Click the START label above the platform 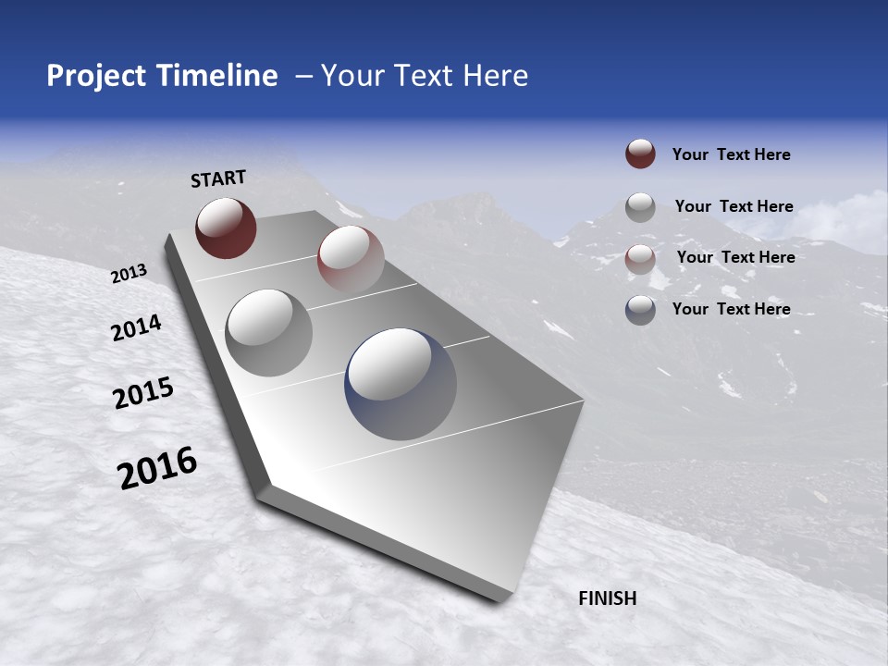218,179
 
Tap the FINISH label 607,598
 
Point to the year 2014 136,327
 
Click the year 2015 143,393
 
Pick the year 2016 157,467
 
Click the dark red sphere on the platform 226,228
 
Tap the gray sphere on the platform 269,332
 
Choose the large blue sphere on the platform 401,383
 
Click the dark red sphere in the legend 640,154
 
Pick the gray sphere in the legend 640,206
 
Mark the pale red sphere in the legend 640,258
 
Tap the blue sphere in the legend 640,309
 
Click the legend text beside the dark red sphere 731,154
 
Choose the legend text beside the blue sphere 731,309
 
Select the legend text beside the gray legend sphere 734,206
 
